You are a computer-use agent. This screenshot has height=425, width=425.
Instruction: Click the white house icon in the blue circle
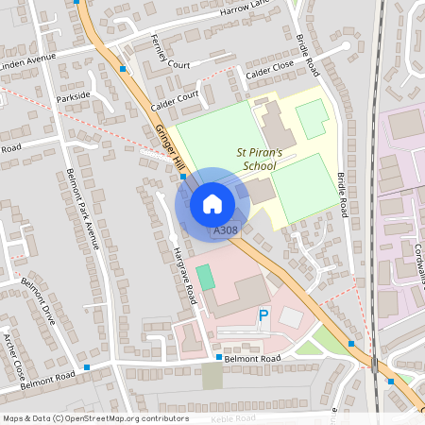coord(212,203)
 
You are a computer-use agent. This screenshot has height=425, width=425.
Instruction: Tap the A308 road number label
coord(226,229)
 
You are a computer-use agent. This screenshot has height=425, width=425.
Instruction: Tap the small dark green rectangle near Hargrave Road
coord(205,278)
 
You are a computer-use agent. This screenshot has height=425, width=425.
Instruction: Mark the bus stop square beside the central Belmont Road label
coord(218,358)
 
